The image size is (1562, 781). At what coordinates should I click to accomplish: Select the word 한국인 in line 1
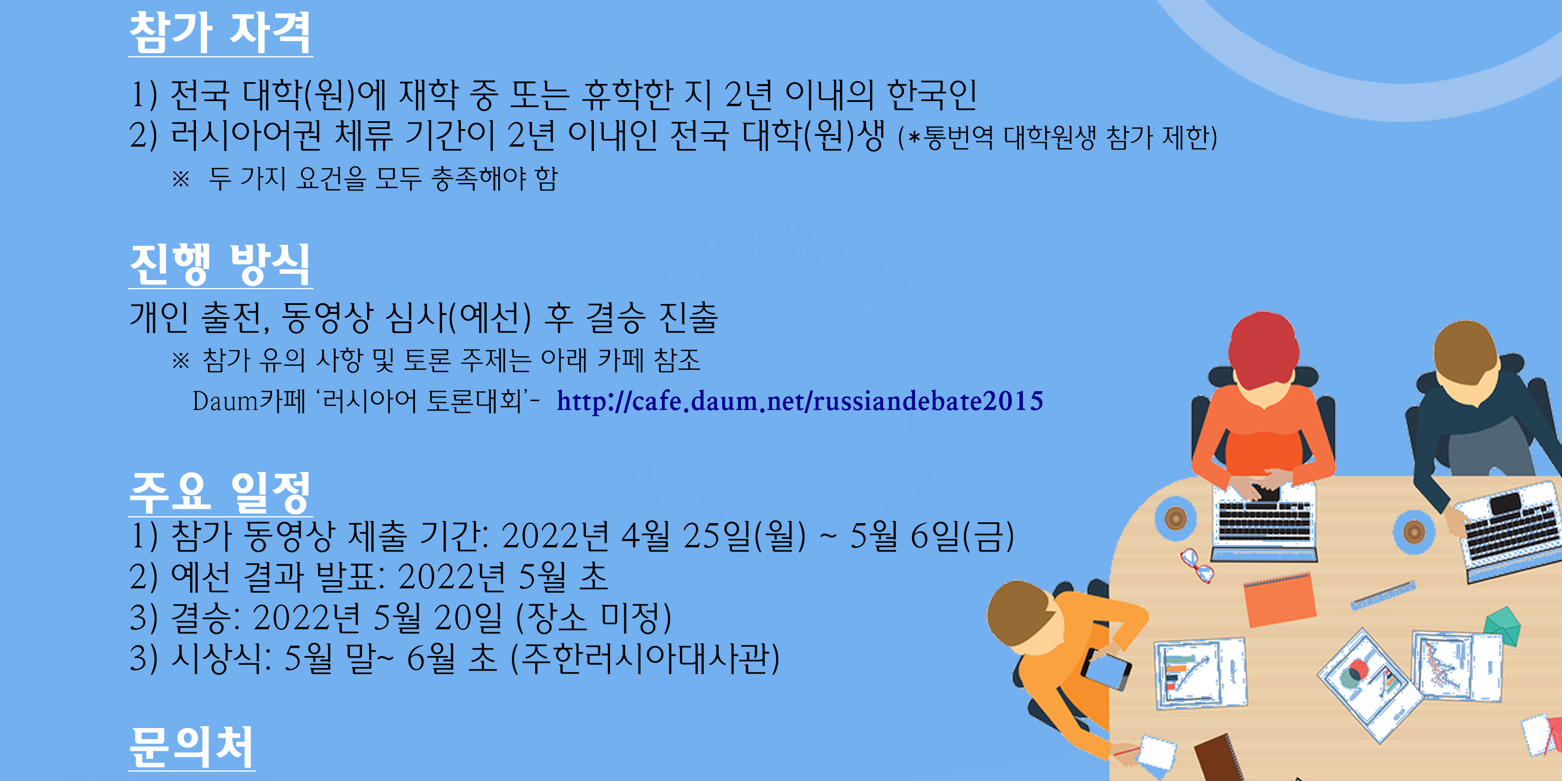(932, 95)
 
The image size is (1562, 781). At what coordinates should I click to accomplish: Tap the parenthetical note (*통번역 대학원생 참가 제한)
(1058, 138)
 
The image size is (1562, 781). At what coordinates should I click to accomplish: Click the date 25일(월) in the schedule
(744, 537)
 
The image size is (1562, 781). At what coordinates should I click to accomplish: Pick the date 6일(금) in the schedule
(962, 537)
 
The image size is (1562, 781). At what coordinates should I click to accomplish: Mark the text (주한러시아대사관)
(645, 659)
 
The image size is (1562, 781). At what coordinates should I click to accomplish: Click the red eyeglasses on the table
(1196, 565)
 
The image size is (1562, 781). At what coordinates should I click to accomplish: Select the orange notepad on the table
(1279, 600)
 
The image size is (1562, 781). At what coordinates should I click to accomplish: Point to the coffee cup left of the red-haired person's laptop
(1176, 518)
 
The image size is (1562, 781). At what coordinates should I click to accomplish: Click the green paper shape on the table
(1501, 625)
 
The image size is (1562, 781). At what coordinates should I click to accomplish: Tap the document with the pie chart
(1369, 686)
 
